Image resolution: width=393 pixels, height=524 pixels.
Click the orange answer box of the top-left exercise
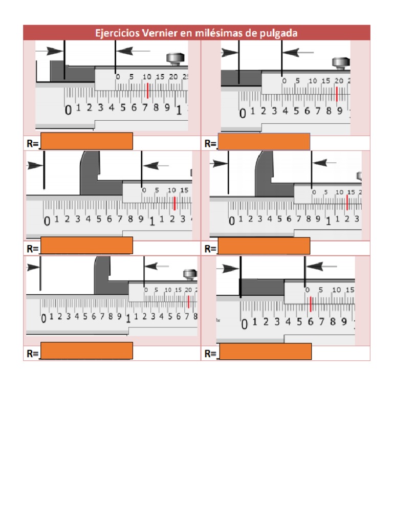86,141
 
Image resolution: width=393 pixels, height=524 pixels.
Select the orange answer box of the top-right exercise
264,141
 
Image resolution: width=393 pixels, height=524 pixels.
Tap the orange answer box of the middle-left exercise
86,246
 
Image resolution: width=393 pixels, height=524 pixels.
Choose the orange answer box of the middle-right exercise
264,246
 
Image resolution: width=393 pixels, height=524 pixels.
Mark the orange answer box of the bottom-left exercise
86,351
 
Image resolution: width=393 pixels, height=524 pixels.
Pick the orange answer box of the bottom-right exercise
265,352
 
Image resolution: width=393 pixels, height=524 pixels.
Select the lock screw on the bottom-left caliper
190,274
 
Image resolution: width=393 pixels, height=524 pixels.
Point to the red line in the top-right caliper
337,94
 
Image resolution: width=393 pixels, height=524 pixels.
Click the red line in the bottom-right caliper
311,304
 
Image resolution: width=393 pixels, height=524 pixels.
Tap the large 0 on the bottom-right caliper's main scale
244,323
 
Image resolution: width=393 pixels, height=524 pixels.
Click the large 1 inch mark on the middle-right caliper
328,222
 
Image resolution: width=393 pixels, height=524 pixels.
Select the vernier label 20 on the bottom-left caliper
188,290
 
